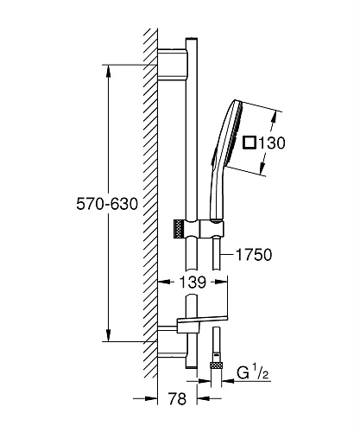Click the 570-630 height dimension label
tap(107, 204)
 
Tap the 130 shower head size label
tap(272, 143)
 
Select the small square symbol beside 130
tap(249, 143)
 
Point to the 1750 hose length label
tap(254, 255)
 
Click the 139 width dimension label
tap(193, 283)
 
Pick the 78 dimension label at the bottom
tap(177, 398)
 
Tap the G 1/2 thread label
tap(253, 372)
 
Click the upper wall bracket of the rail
tap(172, 64)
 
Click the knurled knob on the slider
tap(179, 229)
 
